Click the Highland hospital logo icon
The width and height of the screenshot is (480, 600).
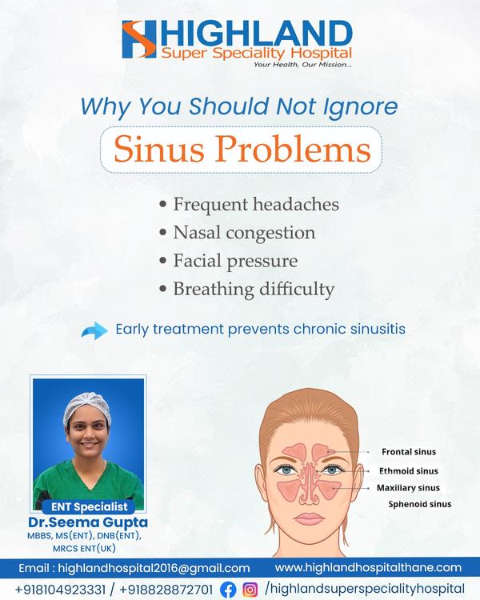coord(139,39)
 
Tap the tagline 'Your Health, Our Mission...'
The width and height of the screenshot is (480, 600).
coord(302,65)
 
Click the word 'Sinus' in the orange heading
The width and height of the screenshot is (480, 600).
coord(159,150)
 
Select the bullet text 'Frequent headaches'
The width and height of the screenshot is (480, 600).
coord(256,204)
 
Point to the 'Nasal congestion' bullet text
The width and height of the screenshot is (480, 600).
coord(244,233)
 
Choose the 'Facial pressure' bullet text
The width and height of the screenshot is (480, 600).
coord(235,262)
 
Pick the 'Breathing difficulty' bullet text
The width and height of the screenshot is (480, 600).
coord(254,290)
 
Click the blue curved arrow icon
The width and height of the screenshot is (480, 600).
coord(94,330)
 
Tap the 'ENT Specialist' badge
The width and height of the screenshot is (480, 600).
coord(89,506)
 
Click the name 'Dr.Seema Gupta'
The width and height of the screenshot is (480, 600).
coord(88,522)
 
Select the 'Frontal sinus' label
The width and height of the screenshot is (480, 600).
coord(409,452)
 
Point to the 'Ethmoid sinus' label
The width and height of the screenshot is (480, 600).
coord(409,471)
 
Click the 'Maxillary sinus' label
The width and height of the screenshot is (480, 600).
coord(408,488)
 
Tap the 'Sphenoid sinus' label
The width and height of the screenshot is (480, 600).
coord(419,504)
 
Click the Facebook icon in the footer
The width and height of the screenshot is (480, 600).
coord(228,590)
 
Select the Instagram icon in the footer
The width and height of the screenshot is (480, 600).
coord(250,590)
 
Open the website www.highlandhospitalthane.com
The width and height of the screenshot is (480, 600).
coord(368,567)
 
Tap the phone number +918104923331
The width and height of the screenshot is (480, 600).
coord(60,590)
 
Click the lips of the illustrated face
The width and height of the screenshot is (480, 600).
coord(309,519)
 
